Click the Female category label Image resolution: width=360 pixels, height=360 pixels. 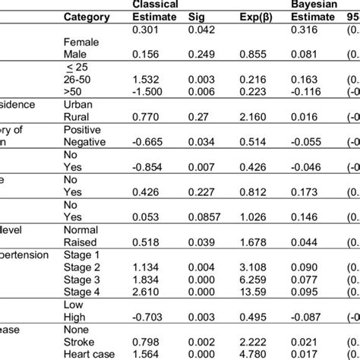81,43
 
